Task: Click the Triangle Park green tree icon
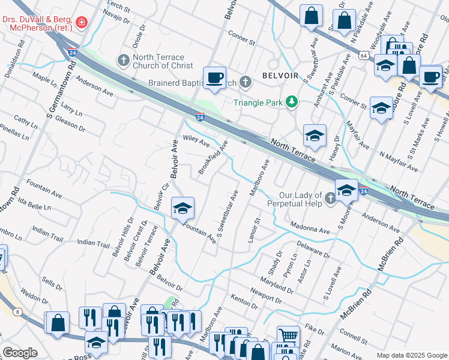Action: coord(292,103)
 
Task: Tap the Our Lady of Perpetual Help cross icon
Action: coord(330,199)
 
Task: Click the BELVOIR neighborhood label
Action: coord(280,76)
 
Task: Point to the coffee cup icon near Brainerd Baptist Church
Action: coord(214,77)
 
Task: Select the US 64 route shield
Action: coord(364,55)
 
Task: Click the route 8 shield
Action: coord(19,311)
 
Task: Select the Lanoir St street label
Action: coord(253,230)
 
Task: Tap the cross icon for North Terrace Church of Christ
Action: coord(123,61)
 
